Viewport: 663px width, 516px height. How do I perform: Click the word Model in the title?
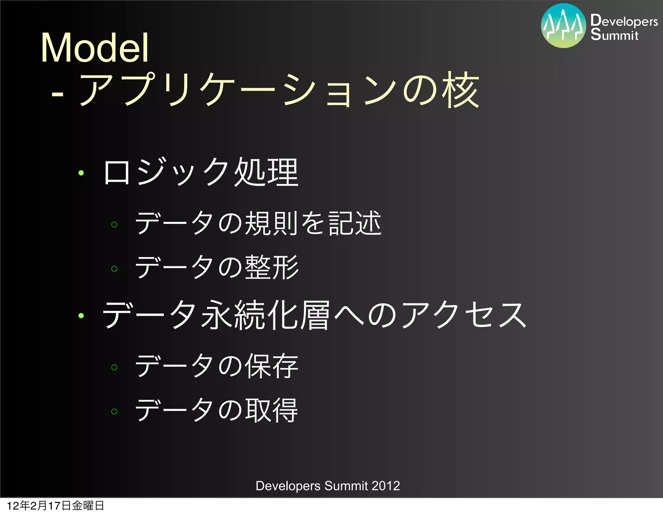click(95, 48)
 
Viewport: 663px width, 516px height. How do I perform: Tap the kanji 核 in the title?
click(461, 90)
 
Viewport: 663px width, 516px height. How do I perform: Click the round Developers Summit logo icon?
click(563, 26)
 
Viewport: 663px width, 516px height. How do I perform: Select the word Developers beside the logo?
click(624, 21)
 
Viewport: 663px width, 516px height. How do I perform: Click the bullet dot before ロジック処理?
click(81, 173)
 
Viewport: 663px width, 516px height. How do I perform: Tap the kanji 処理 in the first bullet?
click(266, 172)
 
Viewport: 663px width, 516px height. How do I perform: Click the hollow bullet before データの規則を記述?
click(114, 224)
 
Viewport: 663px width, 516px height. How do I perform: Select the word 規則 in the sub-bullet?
click(271, 223)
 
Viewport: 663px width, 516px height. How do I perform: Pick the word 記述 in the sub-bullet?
click(355, 223)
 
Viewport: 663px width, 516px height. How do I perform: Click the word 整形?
click(271, 267)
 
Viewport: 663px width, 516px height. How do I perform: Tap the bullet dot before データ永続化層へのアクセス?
click(81, 315)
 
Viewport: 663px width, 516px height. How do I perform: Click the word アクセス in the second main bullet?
click(464, 315)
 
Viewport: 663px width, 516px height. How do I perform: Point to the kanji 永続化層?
click(265, 315)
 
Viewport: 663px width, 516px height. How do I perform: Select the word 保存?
click(271, 366)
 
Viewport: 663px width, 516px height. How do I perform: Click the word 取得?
click(271, 410)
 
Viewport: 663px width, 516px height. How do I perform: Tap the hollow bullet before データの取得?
click(114, 411)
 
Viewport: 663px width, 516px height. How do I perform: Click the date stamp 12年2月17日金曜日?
click(55, 506)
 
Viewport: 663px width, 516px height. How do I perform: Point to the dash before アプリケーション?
click(57, 94)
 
